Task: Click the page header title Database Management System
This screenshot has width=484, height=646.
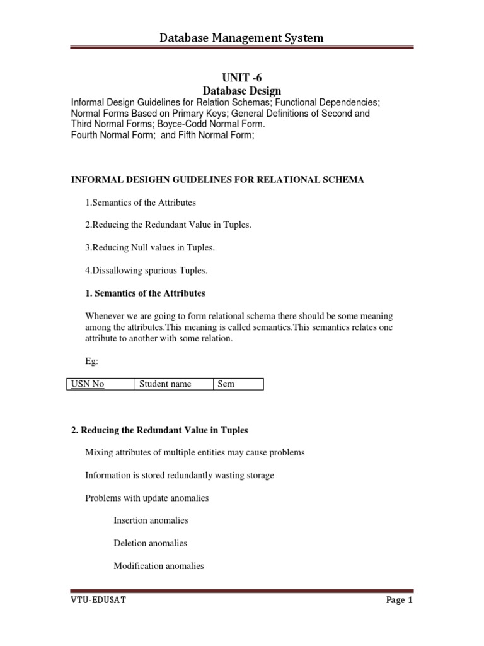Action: (x=241, y=38)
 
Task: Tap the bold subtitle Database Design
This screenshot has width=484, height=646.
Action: (x=241, y=91)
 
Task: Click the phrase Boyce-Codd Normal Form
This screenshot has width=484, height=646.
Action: (x=211, y=124)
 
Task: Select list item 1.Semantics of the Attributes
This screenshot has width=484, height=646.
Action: (x=141, y=203)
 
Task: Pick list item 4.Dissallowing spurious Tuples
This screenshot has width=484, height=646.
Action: (x=146, y=271)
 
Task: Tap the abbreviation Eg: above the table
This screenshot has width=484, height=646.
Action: (x=92, y=361)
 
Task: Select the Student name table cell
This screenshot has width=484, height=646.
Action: (x=165, y=384)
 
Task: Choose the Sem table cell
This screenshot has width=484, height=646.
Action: (x=226, y=384)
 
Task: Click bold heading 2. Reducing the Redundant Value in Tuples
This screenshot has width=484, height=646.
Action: (x=159, y=430)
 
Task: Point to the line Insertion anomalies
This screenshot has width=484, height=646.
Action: (x=151, y=520)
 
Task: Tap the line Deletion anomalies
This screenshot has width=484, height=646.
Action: (x=150, y=543)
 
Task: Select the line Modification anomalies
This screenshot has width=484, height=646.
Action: (x=159, y=566)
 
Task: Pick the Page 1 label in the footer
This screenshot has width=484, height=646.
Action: (x=399, y=601)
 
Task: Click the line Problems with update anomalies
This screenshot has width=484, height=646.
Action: (x=147, y=498)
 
